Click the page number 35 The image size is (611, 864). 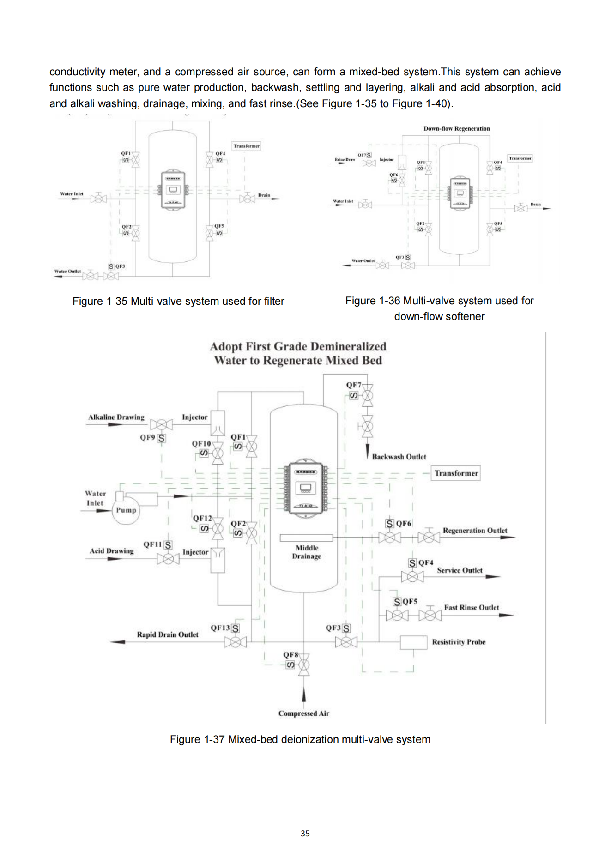pos(305,833)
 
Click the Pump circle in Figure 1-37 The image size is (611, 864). pos(126,511)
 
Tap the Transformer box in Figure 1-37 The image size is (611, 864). pos(456,473)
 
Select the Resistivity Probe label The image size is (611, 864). pos(459,642)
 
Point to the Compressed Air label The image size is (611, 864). pos(303,713)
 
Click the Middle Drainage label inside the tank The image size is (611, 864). pos(307,552)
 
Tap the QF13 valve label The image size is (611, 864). pos(220,628)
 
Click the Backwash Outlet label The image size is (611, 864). pos(399,457)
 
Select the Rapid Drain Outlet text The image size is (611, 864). pos(167,634)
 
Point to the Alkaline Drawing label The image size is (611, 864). pos(116,417)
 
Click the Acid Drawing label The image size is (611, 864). pos(111,551)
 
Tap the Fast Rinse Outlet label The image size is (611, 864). pos(471,608)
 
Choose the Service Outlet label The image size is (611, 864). pos(460,570)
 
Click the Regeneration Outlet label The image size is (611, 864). pos(475,531)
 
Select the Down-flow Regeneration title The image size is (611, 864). pos(456,128)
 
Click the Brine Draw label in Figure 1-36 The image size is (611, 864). pos(345,159)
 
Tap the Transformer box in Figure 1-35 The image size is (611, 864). pos(246,146)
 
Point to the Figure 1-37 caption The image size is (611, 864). pos(300,739)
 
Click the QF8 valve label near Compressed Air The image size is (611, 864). pos(290,654)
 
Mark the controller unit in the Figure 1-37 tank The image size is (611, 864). pos(305,488)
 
